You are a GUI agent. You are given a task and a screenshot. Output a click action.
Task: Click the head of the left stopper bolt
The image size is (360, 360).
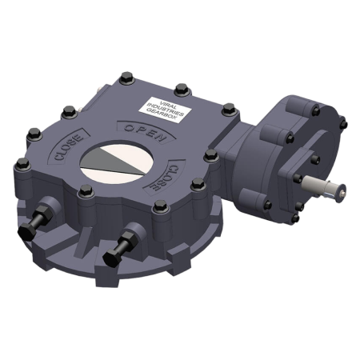tap(25, 234)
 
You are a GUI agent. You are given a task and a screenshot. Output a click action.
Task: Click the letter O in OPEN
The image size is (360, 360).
tap(127, 127)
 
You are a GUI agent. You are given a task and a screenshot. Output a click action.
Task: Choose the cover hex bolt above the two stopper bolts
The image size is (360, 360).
tap(84, 190)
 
